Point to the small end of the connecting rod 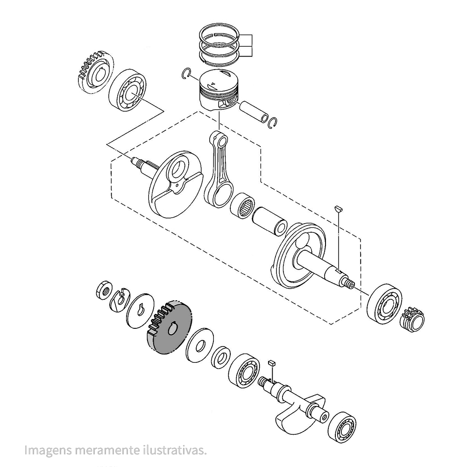[219, 139]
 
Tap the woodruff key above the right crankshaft [339, 208]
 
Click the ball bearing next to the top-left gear [127, 92]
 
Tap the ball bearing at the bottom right [342, 427]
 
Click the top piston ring [219, 33]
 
